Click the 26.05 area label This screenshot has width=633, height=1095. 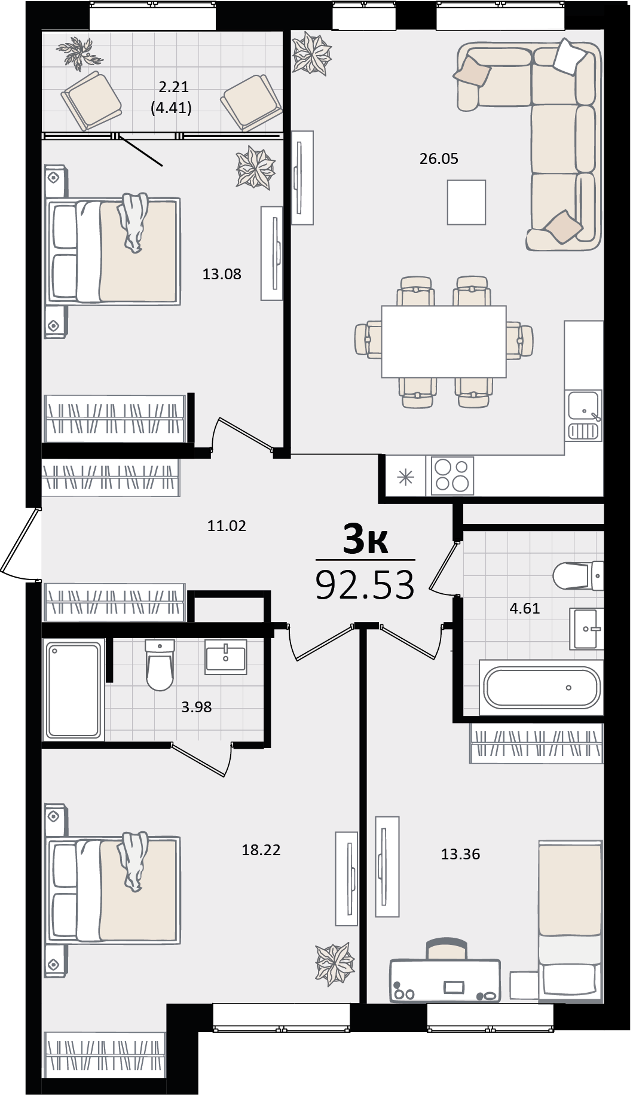coord(439,158)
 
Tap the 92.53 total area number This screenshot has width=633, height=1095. coord(365,585)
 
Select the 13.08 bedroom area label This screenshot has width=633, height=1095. coord(222,274)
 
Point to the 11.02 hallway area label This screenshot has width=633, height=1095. coord(227,526)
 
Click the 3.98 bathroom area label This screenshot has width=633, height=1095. coord(197,707)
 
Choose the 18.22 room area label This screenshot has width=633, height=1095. coord(261,849)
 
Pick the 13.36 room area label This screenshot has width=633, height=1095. coord(461,854)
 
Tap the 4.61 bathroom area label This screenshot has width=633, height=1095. coord(524,608)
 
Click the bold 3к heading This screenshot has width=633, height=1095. coord(365,540)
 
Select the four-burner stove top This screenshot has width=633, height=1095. coord(452,476)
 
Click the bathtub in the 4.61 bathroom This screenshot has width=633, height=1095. coord(542,688)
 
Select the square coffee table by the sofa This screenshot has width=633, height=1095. coord(466,202)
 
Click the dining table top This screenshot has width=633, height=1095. coord(444,341)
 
